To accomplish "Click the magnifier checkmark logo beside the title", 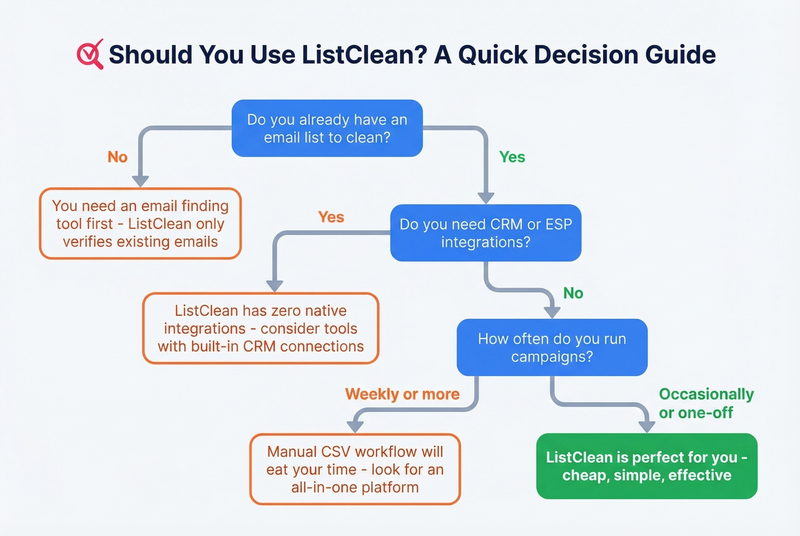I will coord(90,54).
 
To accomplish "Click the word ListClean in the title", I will coord(364,55).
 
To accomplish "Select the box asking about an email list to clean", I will coord(327,128).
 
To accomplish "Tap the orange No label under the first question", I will coord(117,157).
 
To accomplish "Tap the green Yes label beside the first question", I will coord(512,157).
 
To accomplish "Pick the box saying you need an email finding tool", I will coord(141,224).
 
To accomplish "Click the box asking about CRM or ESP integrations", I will coord(486,233).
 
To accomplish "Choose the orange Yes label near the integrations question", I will coord(331,217).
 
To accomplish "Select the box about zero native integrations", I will coord(261,328).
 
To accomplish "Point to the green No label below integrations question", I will coord(573,293).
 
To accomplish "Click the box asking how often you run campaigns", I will coord(552,348).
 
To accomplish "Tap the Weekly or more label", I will coord(402,394).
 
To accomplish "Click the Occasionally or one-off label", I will coord(706,403).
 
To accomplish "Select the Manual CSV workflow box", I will coord(355,469).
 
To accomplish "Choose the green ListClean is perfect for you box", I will coord(647,466).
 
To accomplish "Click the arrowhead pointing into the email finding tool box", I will coord(141,181).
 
